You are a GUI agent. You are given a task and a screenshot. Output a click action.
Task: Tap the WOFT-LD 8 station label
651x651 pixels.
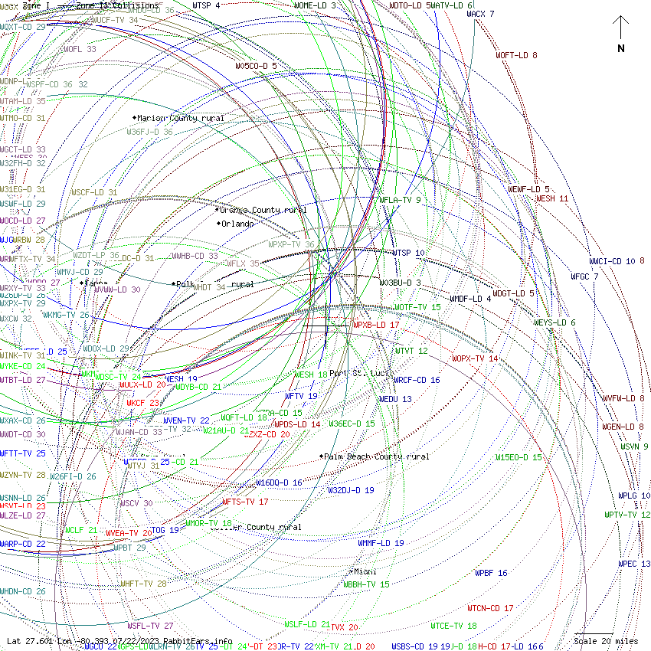click(516, 55)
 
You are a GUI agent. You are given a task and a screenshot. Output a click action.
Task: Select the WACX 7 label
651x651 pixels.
click(480, 14)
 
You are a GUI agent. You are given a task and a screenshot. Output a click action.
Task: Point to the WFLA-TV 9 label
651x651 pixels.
click(401, 200)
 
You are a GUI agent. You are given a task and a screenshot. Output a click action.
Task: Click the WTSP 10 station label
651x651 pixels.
click(408, 252)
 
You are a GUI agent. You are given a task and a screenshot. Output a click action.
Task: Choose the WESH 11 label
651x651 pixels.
click(551, 198)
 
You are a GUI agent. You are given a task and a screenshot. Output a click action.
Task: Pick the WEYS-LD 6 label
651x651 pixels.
click(554, 322)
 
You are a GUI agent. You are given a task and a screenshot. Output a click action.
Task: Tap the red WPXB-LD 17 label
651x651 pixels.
click(376, 325)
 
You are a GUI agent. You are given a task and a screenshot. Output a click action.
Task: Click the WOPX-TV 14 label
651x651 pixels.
click(475, 358)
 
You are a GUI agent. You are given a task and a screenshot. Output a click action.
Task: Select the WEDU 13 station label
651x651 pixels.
click(395, 399)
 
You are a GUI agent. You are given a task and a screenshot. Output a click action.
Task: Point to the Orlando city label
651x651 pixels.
click(237, 224)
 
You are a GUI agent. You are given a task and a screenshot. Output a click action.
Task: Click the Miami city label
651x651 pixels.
click(365, 571)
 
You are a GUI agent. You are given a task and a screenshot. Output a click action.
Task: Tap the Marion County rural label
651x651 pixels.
click(181, 119)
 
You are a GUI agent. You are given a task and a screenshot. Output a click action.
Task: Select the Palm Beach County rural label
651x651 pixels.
click(376, 456)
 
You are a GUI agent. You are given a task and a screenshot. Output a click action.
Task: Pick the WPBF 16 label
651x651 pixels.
click(491, 573)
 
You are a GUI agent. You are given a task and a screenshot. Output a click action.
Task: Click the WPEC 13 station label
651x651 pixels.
click(634, 564)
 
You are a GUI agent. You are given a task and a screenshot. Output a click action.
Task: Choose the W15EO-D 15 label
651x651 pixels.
click(518, 457)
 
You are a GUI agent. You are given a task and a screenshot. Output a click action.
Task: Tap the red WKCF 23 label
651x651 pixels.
click(143, 402)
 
